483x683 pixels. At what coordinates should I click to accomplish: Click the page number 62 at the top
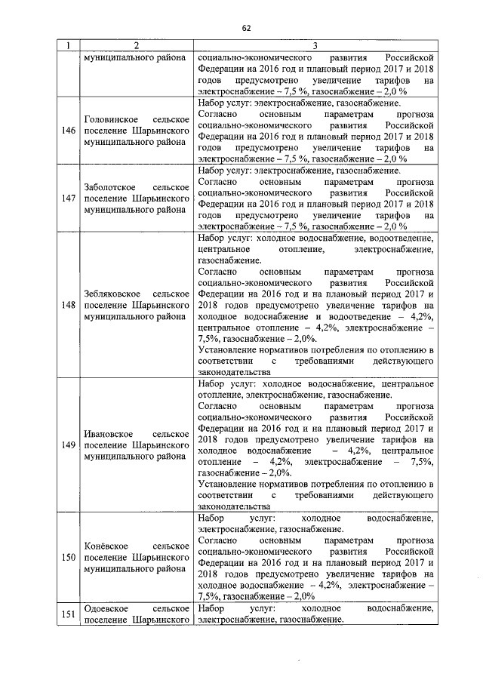pyautogui.click(x=245, y=28)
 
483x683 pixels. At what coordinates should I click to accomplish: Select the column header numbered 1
pyautogui.click(x=68, y=46)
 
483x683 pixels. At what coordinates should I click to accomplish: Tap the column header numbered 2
pyautogui.click(x=137, y=46)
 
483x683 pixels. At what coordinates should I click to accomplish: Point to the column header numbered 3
pyautogui.click(x=315, y=46)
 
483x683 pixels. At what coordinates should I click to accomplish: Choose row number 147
pyautogui.click(x=68, y=198)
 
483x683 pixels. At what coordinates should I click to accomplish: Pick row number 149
pyautogui.click(x=68, y=445)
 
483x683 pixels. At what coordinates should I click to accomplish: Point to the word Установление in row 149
pyautogui.click(x=226, y=483)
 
